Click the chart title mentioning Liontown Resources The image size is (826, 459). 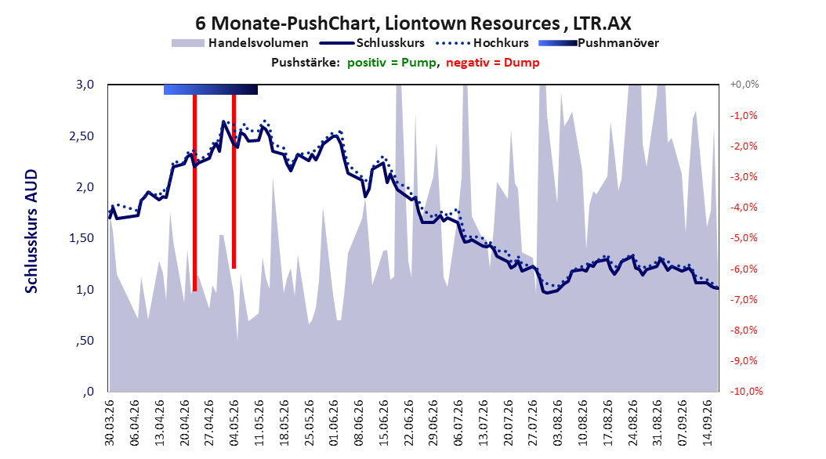pyautogui.click(x=413, y=23)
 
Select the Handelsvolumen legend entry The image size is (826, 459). pyautogui.click(x=240, y=43)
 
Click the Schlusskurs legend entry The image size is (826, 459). pyautogui.click(x=372, y=43)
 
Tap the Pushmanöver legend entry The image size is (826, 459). pyautogui.click(x=599, y=43)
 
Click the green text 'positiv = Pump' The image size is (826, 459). pyautogui.click(x=392, y=63)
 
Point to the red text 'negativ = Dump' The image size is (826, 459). pyautogui.click(x=493, y=63)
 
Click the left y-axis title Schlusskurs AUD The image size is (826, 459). pyautogui.click(x=31, y=231)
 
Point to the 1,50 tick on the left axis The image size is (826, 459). pyautogui.click(x=82, y=238)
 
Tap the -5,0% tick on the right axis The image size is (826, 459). pyautogui.click(x=744, y=238)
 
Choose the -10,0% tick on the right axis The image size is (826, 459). pyautogui.click(x=746, y=391)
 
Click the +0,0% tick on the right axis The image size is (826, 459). pyautogui.click(x=744, y=85)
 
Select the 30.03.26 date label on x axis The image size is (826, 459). pyautogui.click(x=110, y=423)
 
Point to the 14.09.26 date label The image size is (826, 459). pyautogui.click(x=708, y=423)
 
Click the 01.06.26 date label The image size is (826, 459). pyautogui.click(x=334, y=423)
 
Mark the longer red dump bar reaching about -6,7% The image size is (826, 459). pyautogui.click(x=194, y=193)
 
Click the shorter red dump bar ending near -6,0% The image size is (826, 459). pyautogui.click(x=234, y=182)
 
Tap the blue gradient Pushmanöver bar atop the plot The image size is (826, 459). pyautogui.click(x=211, y=89)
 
